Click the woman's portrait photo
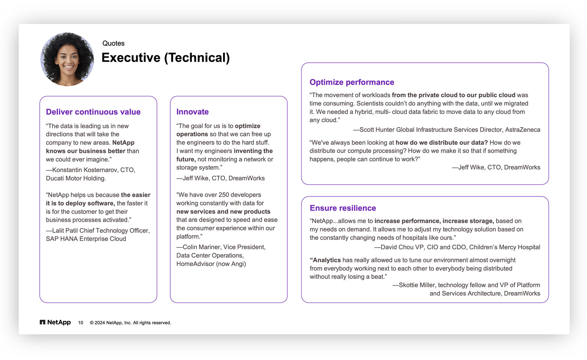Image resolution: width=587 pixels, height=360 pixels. pos(67,59)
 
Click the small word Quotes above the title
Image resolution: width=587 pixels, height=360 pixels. pos(113,43)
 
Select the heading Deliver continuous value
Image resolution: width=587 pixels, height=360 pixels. pos(93,112)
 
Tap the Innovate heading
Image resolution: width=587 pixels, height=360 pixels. pos(192,112)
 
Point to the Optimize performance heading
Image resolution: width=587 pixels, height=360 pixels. pos(351,82)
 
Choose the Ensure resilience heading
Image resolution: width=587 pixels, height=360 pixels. pos(343,208)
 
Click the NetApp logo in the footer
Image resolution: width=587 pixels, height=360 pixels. pos(55,322)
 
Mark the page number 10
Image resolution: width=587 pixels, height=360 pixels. pos(80,323)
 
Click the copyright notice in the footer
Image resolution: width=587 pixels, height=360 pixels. pos(130,323)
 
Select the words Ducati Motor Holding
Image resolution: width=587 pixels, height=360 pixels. pos(76,178)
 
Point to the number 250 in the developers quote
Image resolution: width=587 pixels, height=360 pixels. pos(224,195)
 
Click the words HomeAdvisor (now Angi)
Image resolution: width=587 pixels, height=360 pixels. pos(211,264)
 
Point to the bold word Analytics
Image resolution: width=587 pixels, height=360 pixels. pos(327,260)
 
